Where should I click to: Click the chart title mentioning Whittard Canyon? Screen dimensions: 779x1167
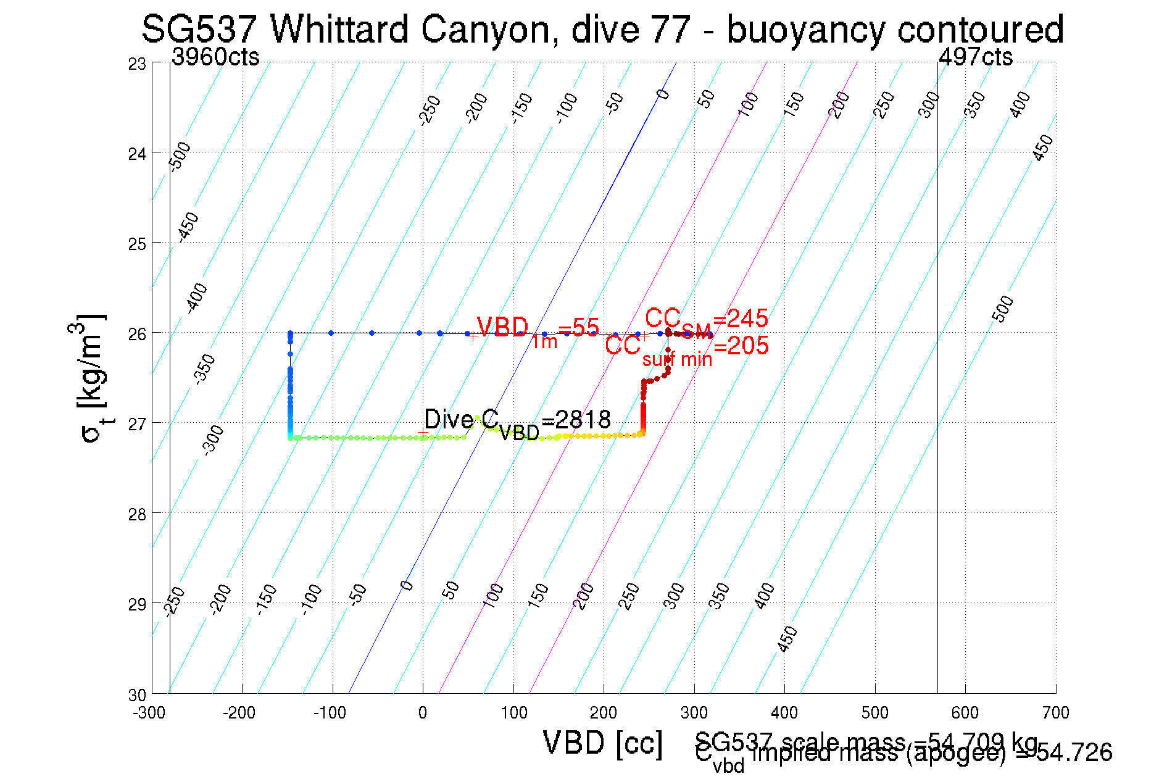[602, 30]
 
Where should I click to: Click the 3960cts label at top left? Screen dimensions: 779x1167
[215, 57]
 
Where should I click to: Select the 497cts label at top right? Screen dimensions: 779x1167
[975, 57]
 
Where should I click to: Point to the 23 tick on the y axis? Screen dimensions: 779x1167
[137, 64]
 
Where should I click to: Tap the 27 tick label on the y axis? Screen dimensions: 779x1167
[137, 424]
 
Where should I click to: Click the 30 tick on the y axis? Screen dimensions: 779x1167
[137, 695]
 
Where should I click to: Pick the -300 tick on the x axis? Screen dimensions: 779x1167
[149, 714]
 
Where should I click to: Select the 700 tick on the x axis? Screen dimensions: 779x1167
[1055, 714]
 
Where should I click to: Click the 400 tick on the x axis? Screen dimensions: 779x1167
[784, 714]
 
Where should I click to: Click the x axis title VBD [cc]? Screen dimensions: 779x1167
[603, 743]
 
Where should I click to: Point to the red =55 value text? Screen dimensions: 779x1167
[578, 328]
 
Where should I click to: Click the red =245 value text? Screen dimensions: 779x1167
[741, 319]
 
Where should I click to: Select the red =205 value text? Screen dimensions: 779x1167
[741, 346]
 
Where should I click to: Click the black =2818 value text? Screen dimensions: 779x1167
[576, 420]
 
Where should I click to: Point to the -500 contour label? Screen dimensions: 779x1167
[180, 156]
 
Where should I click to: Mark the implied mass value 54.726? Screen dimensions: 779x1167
[1074, 753]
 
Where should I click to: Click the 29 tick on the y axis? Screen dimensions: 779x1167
[137, 604]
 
